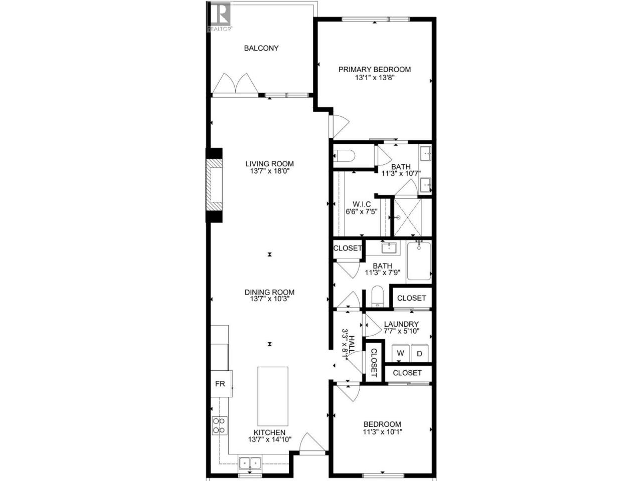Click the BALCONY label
point(261,48)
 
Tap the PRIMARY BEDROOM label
point(374,70)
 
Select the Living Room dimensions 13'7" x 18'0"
point(269,171)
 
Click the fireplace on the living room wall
point(214,185)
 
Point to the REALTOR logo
point(219,17)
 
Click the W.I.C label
point(362,204)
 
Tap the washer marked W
point(400,353)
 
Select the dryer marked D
point(419,353)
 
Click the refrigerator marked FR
point(221,383)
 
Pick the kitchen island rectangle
point(272,396)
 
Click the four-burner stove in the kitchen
point(219,425)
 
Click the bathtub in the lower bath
point(419,262)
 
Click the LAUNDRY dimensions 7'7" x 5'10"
point(401,331)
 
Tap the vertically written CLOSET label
point(374,363)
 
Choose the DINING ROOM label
point(269,292)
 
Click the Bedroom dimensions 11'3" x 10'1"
point(383,431)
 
